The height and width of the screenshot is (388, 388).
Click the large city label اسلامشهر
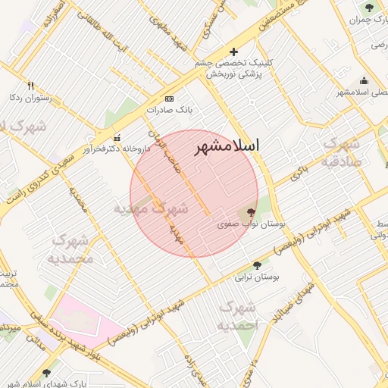pos(227,146)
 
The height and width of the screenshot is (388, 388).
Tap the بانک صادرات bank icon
pos(169,99)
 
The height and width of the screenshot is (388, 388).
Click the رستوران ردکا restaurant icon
pos(30,86)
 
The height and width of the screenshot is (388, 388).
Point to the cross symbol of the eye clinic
pos(233,52)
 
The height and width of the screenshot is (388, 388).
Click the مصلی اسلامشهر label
pos(362,92)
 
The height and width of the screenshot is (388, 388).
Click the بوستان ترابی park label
pos(258,278)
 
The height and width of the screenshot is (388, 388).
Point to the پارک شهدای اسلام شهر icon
pos(47,372)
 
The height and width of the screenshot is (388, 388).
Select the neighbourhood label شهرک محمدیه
pos(73,249)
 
